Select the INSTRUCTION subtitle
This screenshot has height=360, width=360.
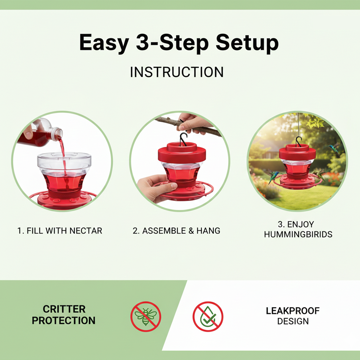point(177,72)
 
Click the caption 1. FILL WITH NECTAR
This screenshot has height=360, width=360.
point(60,231)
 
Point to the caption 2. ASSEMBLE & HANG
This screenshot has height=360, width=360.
point(177,231)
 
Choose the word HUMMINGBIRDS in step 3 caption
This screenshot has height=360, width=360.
point(298,234)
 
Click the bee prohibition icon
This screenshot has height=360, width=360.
point(146,317)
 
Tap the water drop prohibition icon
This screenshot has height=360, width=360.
point(208,317)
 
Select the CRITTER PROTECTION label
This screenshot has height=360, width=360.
point(64,315)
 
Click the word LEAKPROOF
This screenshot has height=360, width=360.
point(293,311)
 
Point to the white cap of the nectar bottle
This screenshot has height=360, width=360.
point(57,133)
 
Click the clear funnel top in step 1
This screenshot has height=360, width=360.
point(64,161)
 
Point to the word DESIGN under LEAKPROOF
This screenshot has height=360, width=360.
point(293,321)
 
